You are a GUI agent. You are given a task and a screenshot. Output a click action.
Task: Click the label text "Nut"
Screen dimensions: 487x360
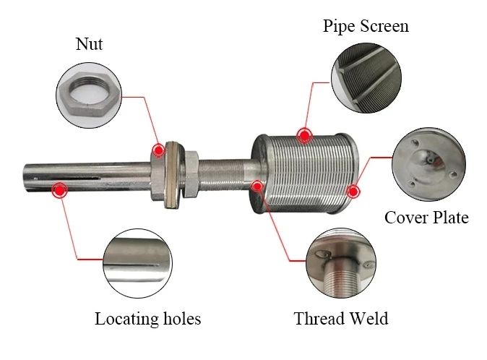point(89,44)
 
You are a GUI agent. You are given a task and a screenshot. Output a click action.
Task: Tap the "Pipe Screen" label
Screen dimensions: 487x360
point(366,26)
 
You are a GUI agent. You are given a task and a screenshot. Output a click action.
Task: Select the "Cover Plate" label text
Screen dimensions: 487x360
point(426,218)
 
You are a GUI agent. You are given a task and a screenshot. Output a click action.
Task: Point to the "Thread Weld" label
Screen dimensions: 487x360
point(341,319)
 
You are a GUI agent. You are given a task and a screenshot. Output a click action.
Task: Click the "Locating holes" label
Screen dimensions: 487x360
point(148,319)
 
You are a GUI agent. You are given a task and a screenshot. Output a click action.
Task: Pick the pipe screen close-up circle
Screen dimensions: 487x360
point(366,78)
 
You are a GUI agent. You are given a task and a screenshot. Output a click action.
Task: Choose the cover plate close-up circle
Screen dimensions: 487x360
point(429,164)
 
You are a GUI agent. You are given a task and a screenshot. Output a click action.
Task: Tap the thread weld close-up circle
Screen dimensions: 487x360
point(341,263)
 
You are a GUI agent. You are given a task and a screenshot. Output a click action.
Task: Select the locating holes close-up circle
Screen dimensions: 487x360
point(137,263)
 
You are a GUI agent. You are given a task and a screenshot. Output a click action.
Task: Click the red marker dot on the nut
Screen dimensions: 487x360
point(159,150)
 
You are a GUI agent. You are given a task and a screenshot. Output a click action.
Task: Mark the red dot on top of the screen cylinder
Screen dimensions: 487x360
point(305,136)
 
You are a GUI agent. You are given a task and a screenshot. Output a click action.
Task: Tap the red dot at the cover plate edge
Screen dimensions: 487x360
point(353,192)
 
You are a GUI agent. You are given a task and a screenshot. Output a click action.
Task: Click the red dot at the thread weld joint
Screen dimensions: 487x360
point(257,187)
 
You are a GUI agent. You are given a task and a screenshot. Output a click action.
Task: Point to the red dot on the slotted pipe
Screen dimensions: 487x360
point(60,190)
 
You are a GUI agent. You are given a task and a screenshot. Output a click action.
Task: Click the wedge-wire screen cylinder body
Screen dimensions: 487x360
point(305,173)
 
